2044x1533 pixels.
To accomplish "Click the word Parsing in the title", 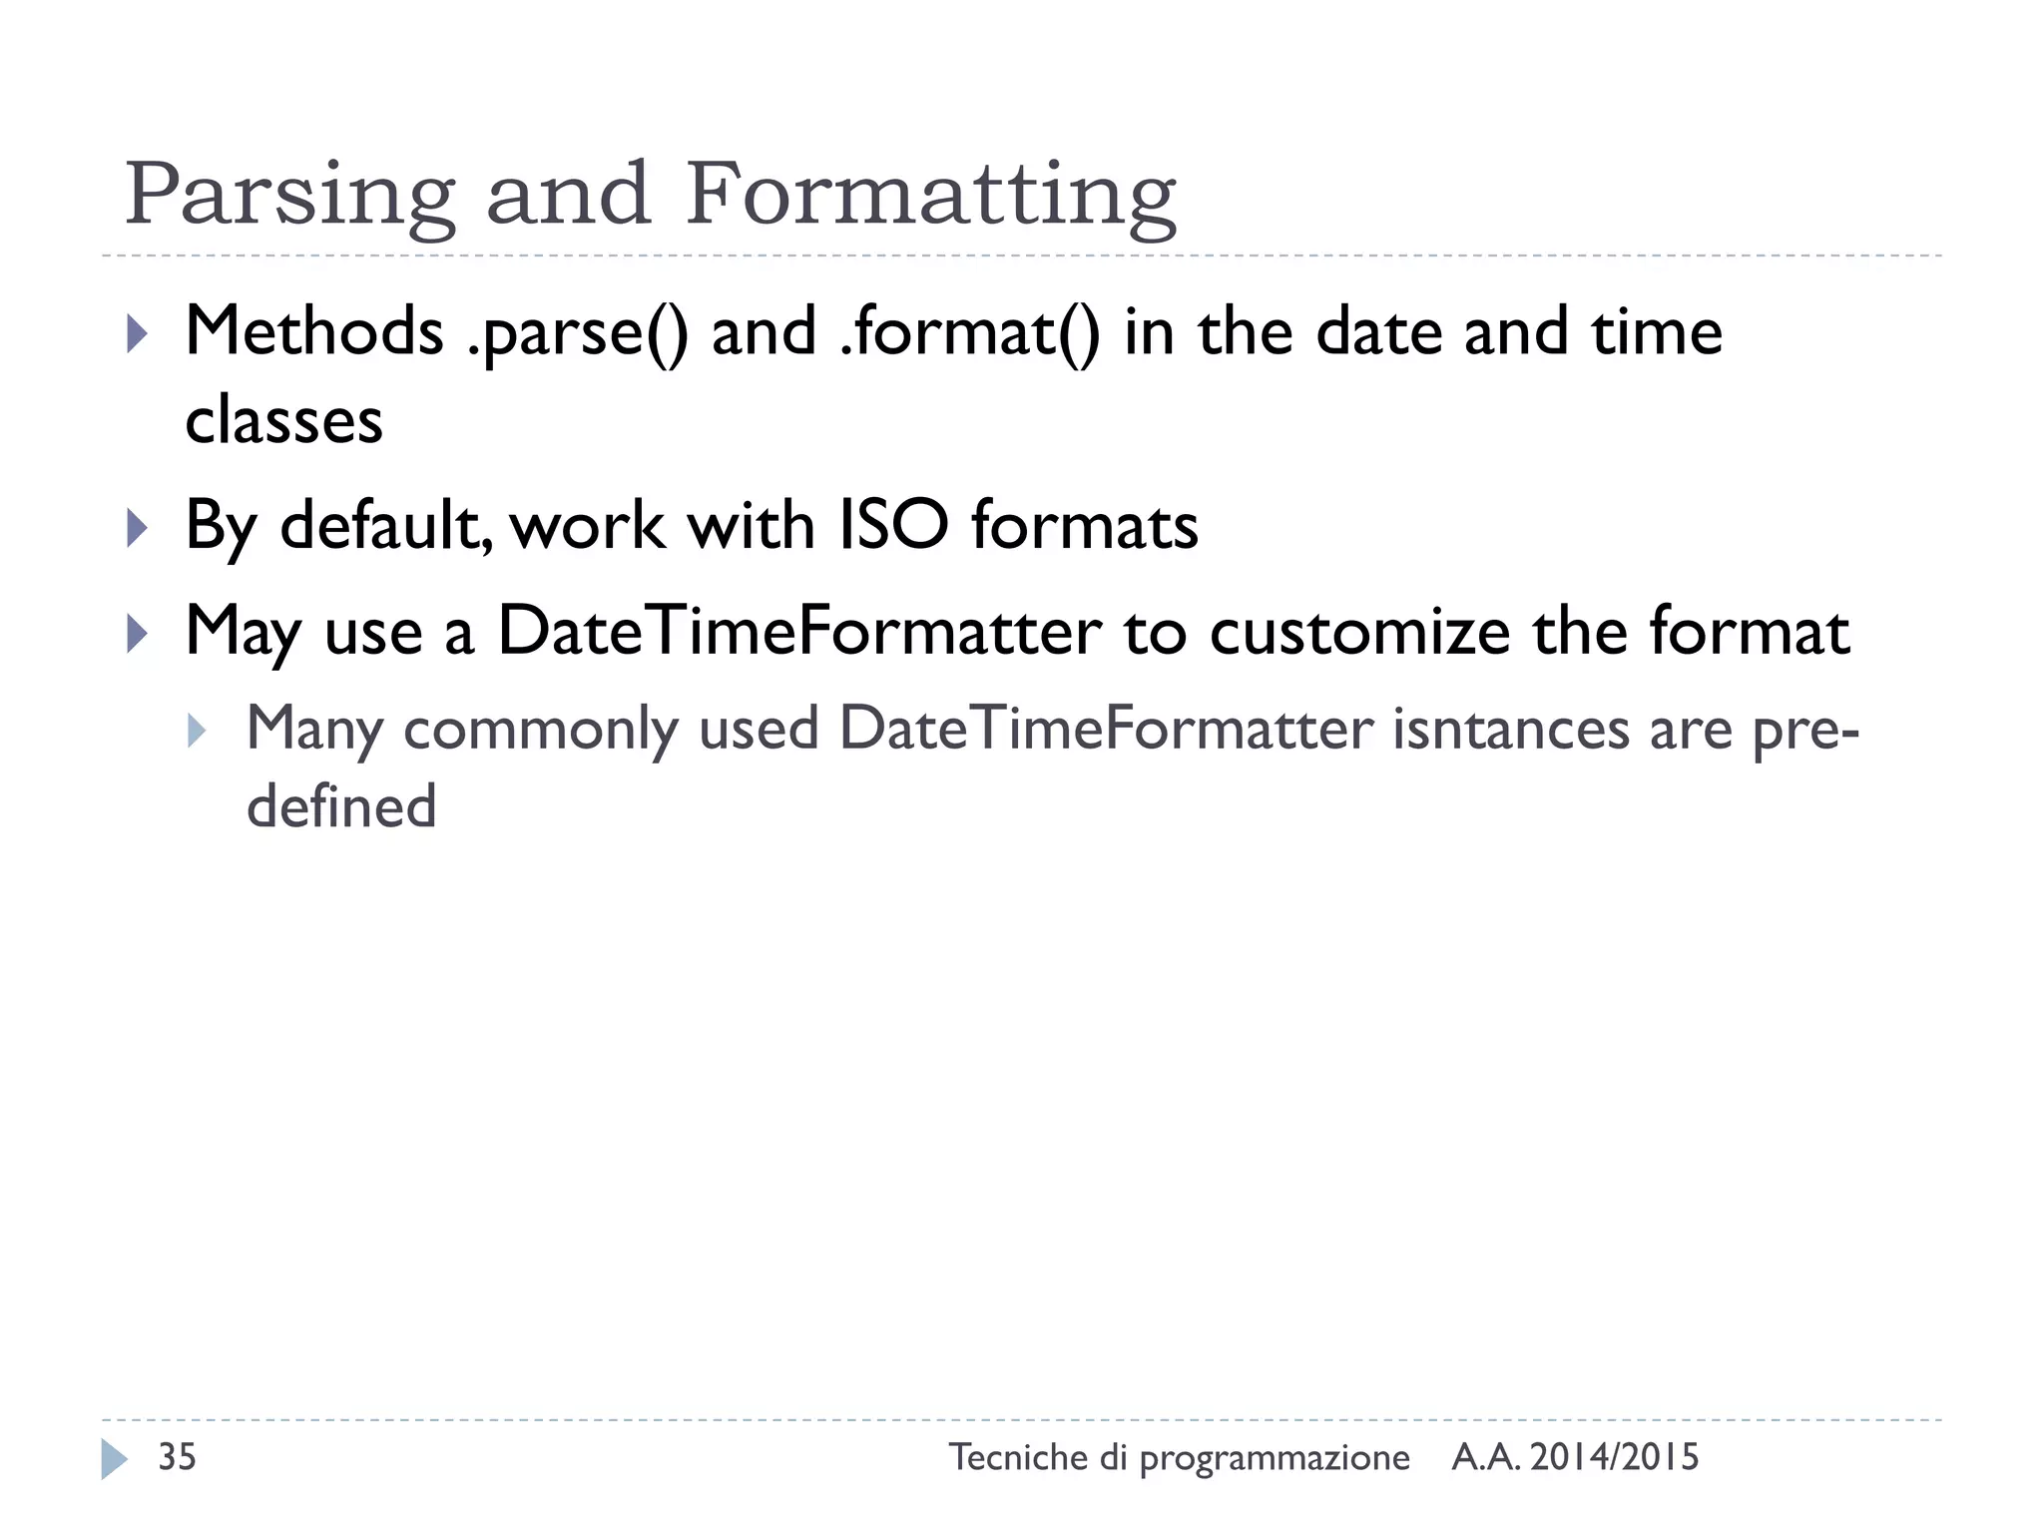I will tap(289, 196).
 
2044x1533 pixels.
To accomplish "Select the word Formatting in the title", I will tap(930, 196).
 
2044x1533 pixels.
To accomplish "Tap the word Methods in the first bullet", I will tap(314, 331).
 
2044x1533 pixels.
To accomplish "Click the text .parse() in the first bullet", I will tap(577, 333).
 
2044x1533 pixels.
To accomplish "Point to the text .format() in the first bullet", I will tap(969, 333).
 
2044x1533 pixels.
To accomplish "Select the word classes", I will tap(283, 420).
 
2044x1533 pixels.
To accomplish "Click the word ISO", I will tap(892, 525).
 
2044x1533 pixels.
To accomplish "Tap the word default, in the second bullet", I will tap(386, 525).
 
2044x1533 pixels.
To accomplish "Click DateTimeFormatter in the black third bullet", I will tap(798, 632).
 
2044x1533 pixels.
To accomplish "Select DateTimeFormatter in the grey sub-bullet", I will tap(1106, 728).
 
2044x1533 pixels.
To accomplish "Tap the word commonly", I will tap(540, 730).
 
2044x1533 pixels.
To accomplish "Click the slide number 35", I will tap(178, 1457).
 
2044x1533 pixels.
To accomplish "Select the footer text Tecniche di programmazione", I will tap(1179, 1458).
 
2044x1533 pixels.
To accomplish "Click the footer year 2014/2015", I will tap(1614, 1458).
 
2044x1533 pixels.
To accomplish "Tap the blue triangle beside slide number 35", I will tap(114, 1459).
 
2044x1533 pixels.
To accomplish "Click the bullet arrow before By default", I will tap(137, 527).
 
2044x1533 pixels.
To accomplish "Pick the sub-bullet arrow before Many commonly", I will tap(197, 731).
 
